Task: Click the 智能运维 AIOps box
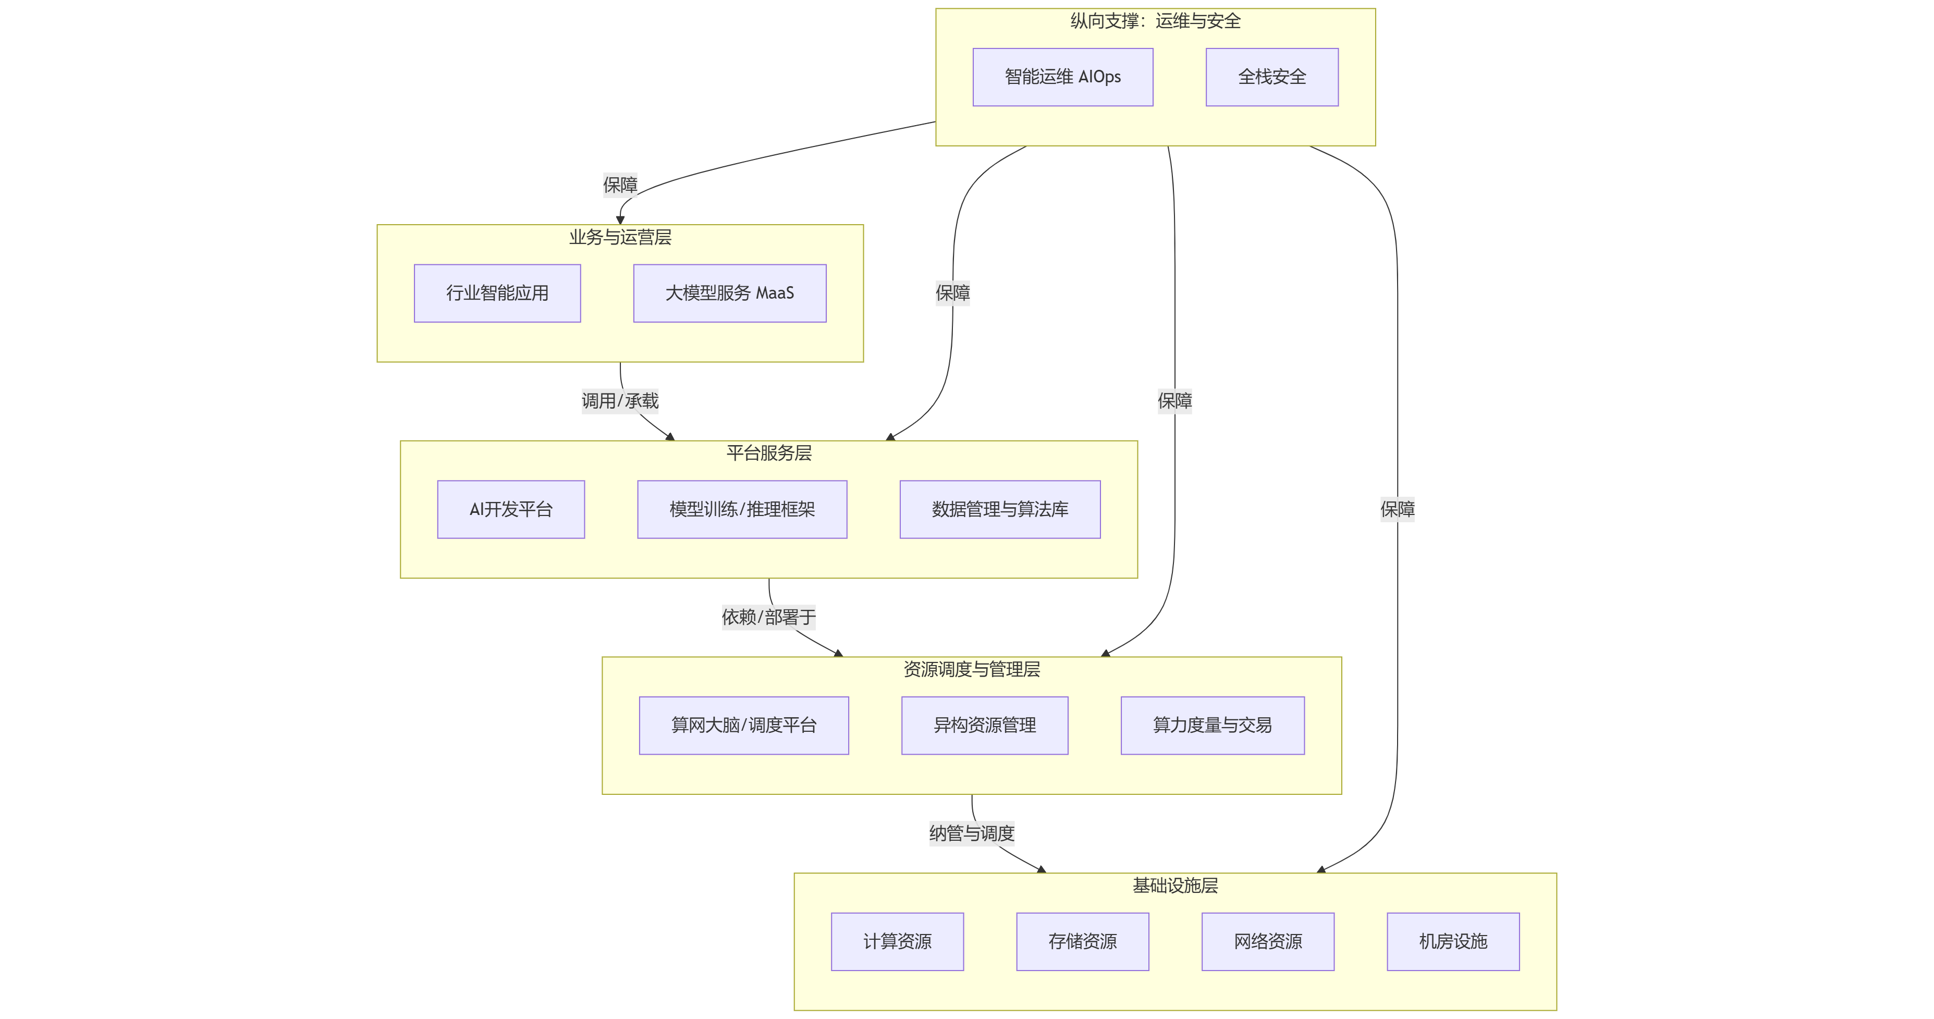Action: click(1062, 77)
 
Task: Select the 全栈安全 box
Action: click(1272, 77)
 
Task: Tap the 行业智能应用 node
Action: click(497, 293)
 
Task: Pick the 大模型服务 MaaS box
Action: click(730, 293)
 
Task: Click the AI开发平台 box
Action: click(510, 509)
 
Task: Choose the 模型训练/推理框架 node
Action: click(742, 509)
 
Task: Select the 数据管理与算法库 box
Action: click(1000, 509)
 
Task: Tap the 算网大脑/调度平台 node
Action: click(744, 726)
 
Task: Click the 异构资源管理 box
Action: click(984, 726)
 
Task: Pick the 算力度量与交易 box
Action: click(1213, 726)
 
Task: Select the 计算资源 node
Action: click(897, 942)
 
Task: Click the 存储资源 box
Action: click(1083, 942)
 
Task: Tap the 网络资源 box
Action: click(1268, 942)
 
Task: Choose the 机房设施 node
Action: click(1453, 942)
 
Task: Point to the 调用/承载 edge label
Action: click(620, 401)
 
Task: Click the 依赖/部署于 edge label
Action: click(769, 617)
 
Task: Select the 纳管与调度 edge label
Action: click(972, 833)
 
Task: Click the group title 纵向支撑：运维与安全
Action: click(1155, 21)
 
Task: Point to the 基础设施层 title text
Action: click(1175, 886)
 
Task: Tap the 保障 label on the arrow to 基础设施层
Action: click(1397, 509)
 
